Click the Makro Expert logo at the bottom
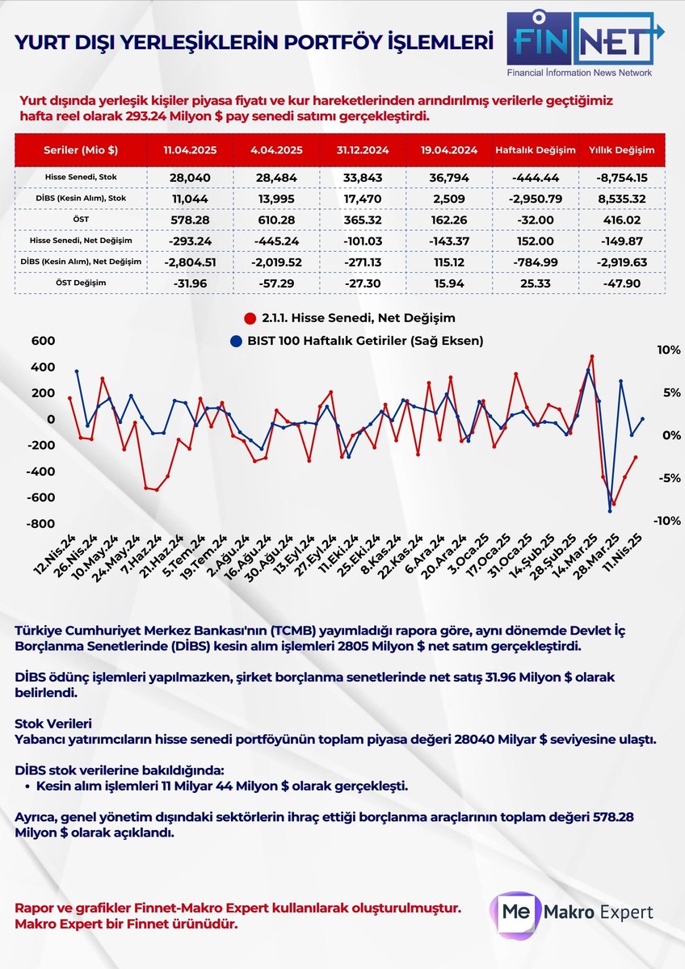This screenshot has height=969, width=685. click(573, 912)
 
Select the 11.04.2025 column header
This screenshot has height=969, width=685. click(189, 150)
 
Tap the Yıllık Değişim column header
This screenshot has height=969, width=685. click(621, 150)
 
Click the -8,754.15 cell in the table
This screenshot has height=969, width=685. click(621, 176)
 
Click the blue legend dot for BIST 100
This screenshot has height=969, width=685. click(235, 341)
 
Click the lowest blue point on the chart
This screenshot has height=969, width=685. click(610, 511)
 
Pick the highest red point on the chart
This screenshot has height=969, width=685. click(592, 356)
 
